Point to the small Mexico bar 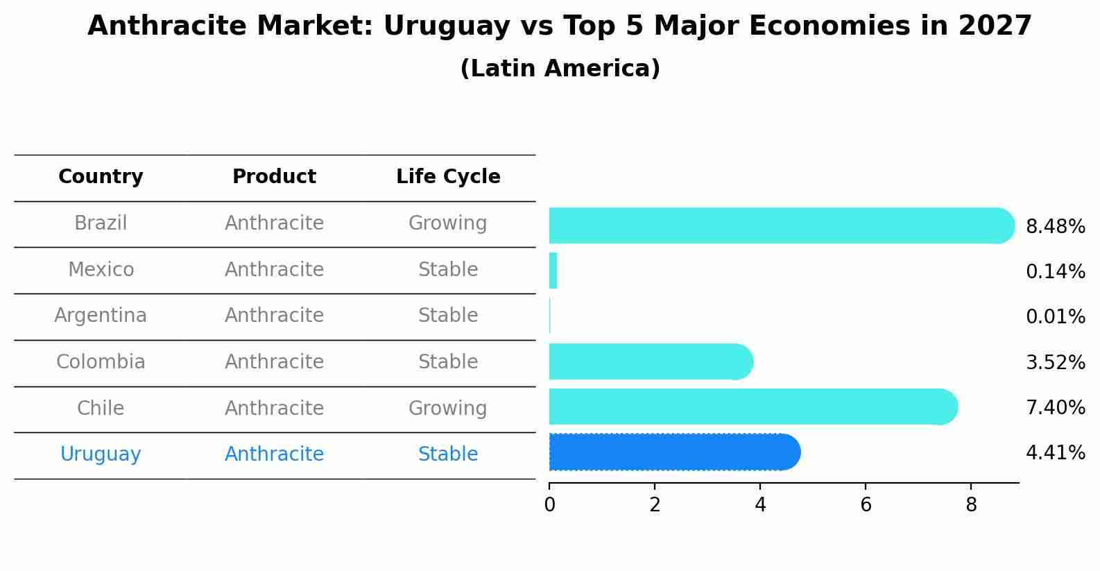tap(553, 271)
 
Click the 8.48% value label tap(1055, 227)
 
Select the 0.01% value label tap(1055, 317)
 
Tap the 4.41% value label tap(1055, 453)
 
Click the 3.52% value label tap(1055, 362)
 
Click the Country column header tap(101, 177)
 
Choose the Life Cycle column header tap(448, 177)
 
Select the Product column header tap(274, 177)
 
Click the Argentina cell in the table tap(101, 316)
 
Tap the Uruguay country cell tap(101, 454)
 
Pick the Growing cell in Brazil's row tap(447, 223)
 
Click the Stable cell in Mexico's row tap(448, 270)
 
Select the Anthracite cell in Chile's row tap(274, 408)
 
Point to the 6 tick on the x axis tap(866, 505)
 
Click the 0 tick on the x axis tap(549, 505)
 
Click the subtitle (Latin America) tap(560, 69)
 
